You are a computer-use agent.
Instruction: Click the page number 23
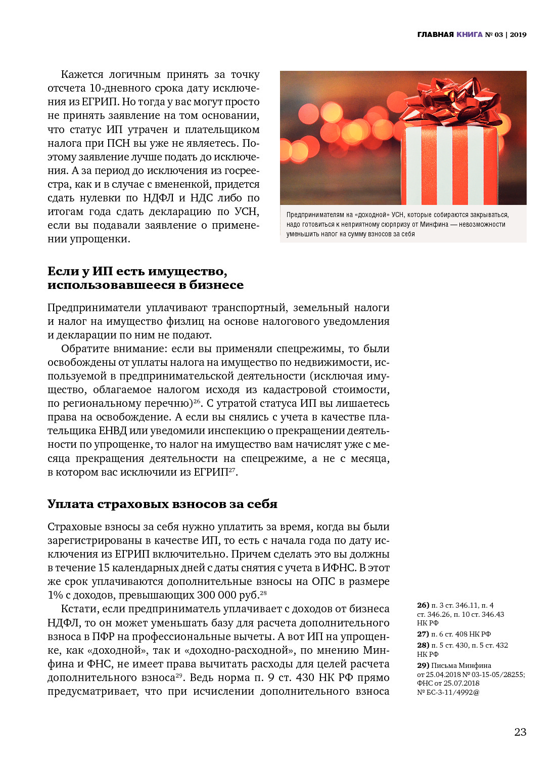[520, 732]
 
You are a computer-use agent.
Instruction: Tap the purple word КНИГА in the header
[470, 34]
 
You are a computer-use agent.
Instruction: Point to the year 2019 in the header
[518, 34]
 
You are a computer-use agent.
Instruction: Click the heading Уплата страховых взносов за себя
[162, 504]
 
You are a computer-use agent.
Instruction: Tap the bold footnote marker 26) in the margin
[423, 605]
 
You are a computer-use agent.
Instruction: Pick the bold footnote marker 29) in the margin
[423, 665]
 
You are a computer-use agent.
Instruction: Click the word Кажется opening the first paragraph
[82, 74]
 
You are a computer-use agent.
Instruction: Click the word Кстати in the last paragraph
[78, 609]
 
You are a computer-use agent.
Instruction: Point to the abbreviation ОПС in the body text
[323, 581]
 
